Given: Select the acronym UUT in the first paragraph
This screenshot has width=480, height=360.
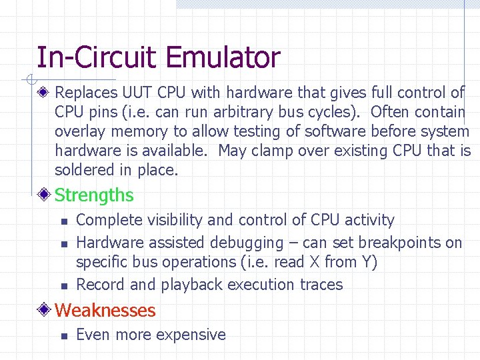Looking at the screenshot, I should tap(131, 92).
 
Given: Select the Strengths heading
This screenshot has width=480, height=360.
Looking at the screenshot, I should tap(94, 195).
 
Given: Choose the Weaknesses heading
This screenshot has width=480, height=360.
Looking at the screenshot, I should tap(105, 310).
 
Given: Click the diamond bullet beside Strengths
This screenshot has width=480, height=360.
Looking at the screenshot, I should tap(45, 195).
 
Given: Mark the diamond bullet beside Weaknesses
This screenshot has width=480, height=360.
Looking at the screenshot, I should tap(45, 310).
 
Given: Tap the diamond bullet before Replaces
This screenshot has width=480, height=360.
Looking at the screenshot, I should tap(45, 92).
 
